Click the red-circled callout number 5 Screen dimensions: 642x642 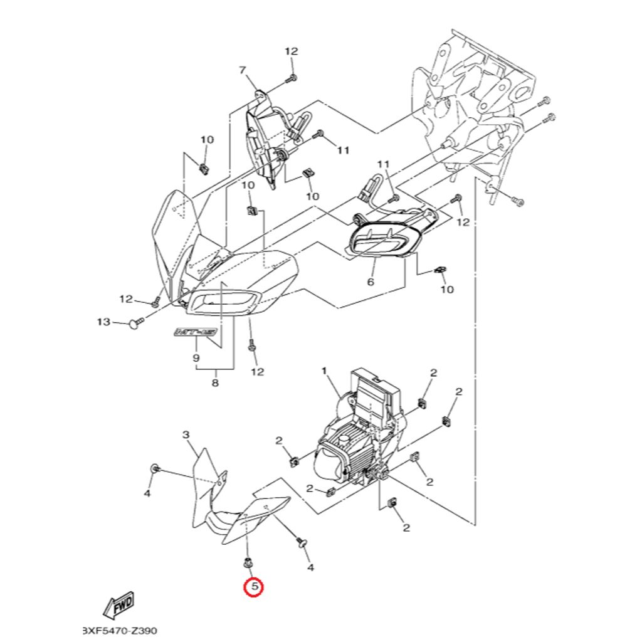coord(254,587)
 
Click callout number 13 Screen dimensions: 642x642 coord(103,322)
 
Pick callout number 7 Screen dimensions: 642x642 coord(243,70)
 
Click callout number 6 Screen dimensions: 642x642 coord(370,282)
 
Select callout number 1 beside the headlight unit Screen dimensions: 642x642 coord(325,371)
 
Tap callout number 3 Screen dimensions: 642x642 coord(186,434)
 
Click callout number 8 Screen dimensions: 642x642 coord(214,382)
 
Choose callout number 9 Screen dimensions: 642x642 coord(196,358)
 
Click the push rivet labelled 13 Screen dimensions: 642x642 coord(134,323)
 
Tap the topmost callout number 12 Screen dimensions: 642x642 coord(292,51)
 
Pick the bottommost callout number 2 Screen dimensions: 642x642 coord(406,528)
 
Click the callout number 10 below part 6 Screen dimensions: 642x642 coord(446,290)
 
